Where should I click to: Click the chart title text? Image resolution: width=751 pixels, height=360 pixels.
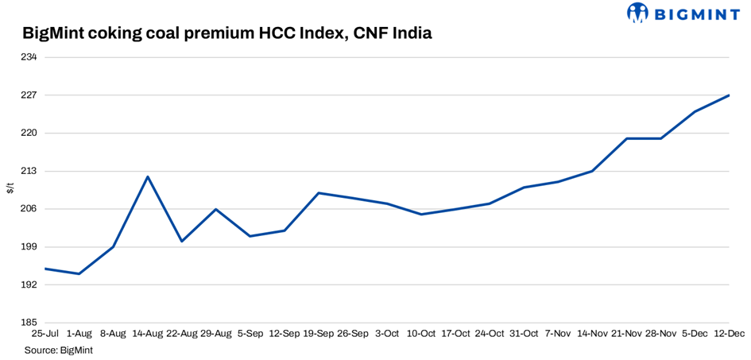[227, 33]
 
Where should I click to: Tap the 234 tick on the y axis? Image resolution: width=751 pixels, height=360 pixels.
[29, 57]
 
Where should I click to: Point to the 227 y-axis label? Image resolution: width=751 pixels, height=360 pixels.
[29, 95]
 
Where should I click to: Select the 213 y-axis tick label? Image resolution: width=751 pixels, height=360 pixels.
[29, 171]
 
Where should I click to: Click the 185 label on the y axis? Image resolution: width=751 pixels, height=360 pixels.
[29, 323]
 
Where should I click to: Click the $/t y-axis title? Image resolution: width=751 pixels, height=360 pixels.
[10, 188]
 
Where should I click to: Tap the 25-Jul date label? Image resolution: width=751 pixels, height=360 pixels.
[45, 335]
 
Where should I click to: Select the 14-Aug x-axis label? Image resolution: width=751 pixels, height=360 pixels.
[147, 335]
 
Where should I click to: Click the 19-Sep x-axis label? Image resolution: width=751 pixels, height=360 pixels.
[319, 335]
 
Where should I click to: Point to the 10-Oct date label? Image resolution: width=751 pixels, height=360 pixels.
[421, 335]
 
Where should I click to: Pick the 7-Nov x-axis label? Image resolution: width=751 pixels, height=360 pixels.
[558, 335]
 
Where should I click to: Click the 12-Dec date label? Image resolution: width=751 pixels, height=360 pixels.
[729, 335]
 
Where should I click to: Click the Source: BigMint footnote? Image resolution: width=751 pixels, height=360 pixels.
[59, 350]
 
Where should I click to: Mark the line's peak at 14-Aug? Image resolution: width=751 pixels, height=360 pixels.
[148, 176]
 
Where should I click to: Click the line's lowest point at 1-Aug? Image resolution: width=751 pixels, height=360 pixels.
[79, 274]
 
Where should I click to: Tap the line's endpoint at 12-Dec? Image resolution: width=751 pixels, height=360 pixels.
[729, 95]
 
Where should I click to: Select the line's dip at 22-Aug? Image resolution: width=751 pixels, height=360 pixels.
[182, 242]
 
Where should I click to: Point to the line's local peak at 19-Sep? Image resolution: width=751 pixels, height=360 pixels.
[319, 193]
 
